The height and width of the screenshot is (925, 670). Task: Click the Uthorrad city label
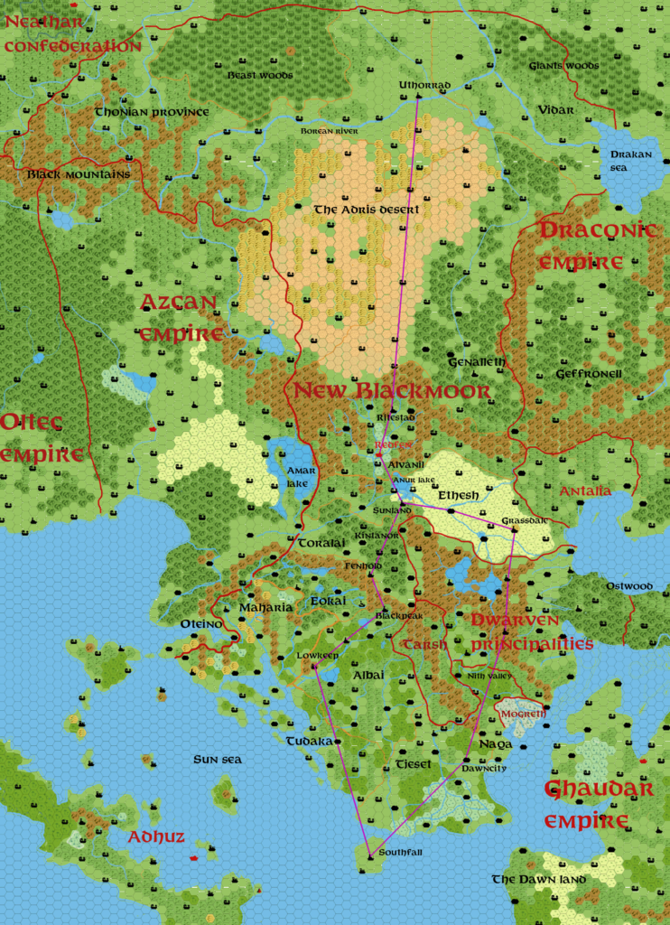(x=424, y=86)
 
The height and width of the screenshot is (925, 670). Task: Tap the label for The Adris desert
(x=367, y=210)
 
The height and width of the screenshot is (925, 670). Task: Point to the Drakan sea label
(x=630, y=161)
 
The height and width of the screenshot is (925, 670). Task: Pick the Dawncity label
(x=485, y=768)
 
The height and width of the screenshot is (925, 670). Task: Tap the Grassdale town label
(x=525, y=521)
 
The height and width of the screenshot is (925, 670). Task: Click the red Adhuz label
(x=155, y=837)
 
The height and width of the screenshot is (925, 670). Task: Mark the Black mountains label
(x=79, y=174)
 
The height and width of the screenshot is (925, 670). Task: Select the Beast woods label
(x=260, y=75)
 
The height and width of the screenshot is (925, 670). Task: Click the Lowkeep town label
(x=318, y=656)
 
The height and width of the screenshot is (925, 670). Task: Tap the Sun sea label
(x=218, y=760)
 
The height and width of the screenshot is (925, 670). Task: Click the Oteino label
(x=201, y=624)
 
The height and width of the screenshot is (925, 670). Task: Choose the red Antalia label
(x=585, y=491)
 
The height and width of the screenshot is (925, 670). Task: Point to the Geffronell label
(x=589, y=373)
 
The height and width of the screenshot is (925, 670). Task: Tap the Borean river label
(x=329, y=132)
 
